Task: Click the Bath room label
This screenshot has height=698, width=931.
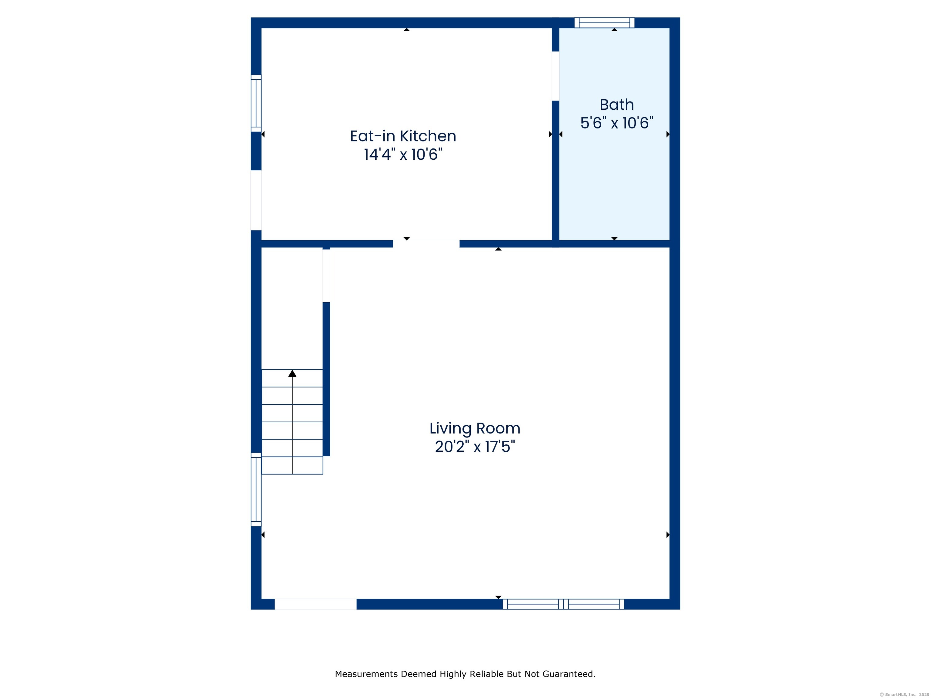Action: [x=617, y=104]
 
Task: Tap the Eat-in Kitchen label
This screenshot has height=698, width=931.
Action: [x=403, y=136]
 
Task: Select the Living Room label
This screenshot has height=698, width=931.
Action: [x=475, y=428]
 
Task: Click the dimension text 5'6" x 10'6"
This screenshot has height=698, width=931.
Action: [x=617, y=123]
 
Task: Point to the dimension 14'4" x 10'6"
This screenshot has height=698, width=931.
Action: [x=403, y=155]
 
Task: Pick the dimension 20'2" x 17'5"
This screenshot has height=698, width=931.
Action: [x=475, y=447]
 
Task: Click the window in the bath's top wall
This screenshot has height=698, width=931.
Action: [x=604, y=23]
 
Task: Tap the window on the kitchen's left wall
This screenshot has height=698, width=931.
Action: [x=256, y=103]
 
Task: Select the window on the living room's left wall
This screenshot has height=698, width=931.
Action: [x=256, y=489]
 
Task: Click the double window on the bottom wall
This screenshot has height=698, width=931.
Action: [x=563, y=604]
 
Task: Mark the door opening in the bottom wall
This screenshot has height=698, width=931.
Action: [x=316, y=604]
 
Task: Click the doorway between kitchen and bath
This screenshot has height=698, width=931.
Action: [x=556, y=76]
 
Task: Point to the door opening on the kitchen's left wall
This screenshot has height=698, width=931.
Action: [x=256, y=200]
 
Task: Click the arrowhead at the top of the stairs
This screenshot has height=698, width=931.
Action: [x=292, y=373]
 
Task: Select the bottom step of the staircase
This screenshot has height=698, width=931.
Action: [x=292, y=466]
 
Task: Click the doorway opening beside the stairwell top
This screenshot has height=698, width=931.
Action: [x=326, y=276]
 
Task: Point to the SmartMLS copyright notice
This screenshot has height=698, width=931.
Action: [x=904, y=695]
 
